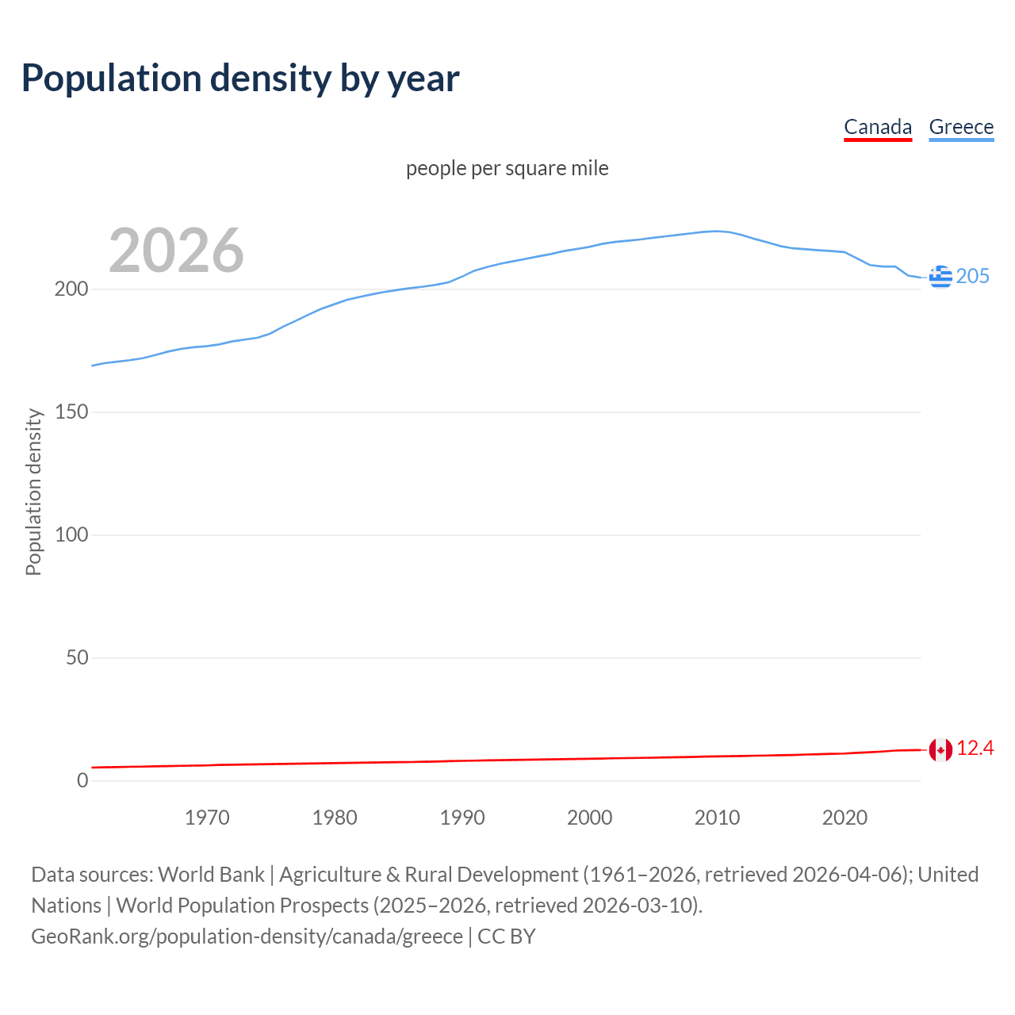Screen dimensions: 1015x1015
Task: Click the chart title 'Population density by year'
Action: click(240, 79)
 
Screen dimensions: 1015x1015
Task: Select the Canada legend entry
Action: click(877, 127)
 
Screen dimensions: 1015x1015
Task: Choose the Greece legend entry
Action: click(961, 127)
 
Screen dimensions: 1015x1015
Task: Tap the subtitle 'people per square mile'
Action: click(507, 169)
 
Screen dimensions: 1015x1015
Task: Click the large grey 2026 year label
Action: click(176, 251)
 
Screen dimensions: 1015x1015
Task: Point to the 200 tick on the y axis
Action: click(71, 289)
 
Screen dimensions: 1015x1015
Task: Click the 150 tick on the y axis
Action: click(71, 412)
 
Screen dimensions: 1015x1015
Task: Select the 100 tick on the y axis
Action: click(71, 535)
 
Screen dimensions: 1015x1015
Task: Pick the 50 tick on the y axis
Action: click(77, 658)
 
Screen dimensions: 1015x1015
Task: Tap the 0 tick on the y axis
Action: click(82, 781)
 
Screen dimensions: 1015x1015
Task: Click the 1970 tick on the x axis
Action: click(207, 818)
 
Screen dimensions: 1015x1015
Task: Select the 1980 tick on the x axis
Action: click(335, 818)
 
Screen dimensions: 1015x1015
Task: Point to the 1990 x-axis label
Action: click(462, 818)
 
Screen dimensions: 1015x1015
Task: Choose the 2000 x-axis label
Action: click(589, 818)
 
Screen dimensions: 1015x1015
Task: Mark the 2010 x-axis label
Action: click(717, 818)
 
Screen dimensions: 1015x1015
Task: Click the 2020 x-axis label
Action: click(845, 818)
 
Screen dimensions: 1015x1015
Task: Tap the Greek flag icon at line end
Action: click(940, 277)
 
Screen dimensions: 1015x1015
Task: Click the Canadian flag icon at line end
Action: click(940, 749)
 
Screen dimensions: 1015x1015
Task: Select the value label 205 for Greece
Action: click(973, 277)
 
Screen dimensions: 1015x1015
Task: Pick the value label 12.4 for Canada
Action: click(975, 749)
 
